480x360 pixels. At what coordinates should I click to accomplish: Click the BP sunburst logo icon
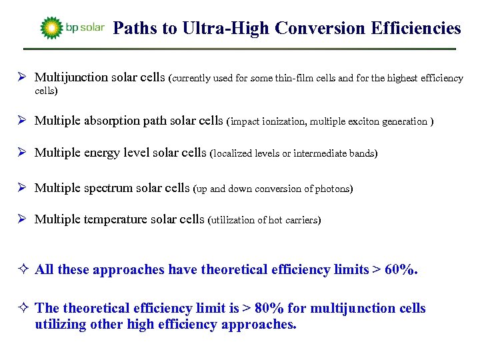click(x=51, y=28)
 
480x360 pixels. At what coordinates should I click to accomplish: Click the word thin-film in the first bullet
click(x=302, y=79)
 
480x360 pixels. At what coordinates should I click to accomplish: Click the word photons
click(x=331, y=189)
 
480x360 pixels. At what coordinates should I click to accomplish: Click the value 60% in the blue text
click(x=401, y=269)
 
